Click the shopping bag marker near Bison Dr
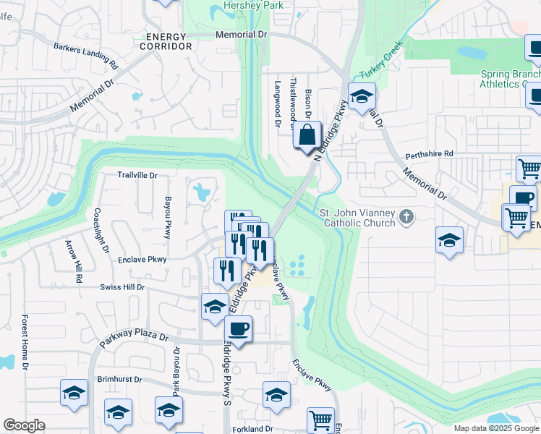tap(307, 135)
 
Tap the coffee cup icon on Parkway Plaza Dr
tap(238, 329)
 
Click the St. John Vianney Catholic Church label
tap(357, 218)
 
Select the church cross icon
tap(407, 216)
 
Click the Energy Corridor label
tap(169, 41)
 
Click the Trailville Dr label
tap(137, 175)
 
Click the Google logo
tap(25, 425)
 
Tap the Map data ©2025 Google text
tap(495, 428)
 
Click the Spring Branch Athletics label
tap(510, 79)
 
